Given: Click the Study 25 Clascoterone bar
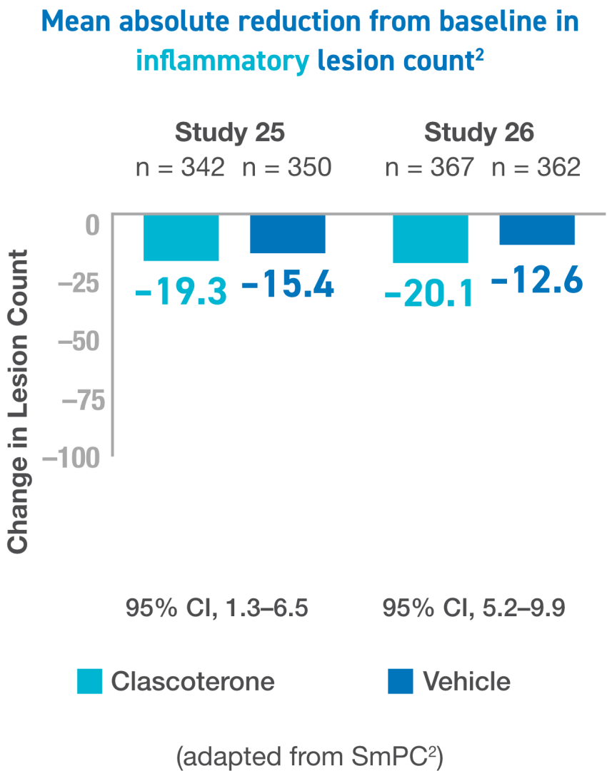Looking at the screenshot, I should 181,238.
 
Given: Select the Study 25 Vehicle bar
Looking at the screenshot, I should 287,234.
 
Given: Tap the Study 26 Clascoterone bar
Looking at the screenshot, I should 431,239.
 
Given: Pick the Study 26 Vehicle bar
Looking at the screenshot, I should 537,230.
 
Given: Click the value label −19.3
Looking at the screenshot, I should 181,291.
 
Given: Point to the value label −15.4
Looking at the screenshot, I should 288,286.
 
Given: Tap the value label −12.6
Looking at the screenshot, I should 537,280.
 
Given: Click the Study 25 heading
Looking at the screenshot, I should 230,133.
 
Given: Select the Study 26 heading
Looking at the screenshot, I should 479,133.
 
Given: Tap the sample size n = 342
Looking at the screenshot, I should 181,168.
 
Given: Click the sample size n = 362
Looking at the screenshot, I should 536,168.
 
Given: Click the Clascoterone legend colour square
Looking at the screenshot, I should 89,681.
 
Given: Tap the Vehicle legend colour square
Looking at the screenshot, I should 401,681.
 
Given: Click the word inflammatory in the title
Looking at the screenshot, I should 222,61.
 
